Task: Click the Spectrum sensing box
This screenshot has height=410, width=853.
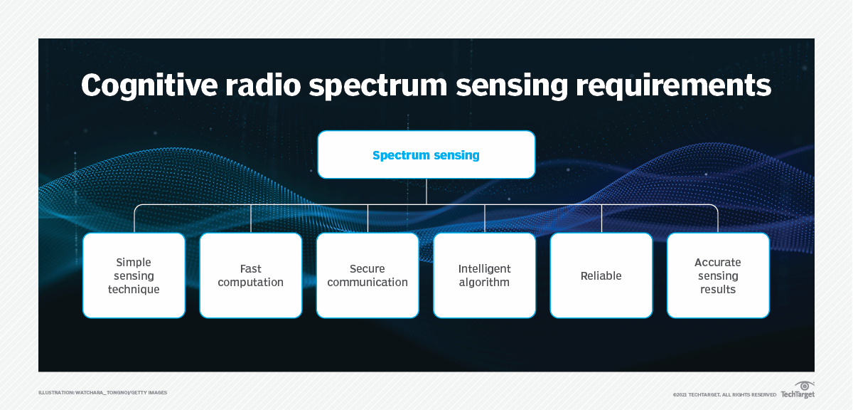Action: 426,154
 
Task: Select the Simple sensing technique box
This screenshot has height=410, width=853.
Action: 134,275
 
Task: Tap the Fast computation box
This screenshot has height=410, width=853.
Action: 250,275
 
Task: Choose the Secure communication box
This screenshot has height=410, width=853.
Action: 368,275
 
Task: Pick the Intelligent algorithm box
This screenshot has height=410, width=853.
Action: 484,275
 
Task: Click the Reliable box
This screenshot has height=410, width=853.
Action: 601,275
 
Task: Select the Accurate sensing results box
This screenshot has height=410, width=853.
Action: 718,275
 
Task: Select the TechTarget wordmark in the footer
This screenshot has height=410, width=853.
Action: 798,394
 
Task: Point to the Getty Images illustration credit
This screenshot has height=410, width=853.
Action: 103,393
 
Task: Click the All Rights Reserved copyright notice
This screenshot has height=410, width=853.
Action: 724,394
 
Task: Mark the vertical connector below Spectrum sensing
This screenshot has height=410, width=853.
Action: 426,191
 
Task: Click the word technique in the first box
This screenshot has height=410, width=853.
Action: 134,290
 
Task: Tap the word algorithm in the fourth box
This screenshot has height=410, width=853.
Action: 484,283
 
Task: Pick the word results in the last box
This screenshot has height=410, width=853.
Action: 718,290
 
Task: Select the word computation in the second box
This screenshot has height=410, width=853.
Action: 250,283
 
